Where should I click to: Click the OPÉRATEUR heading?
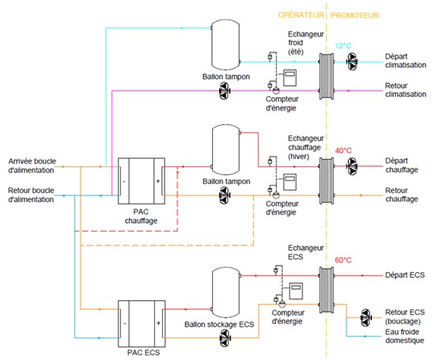[x=301, y=15]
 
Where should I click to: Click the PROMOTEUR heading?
[x=355, y=15]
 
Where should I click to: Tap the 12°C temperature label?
[x=343, y=46]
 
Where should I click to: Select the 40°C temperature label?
[x=343, y=151]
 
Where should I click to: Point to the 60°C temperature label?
[x=343, y=260]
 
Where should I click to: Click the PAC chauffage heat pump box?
[x=141, y=181]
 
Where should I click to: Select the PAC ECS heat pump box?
[x=142, y=324]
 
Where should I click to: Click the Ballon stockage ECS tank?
[x=226, y=292]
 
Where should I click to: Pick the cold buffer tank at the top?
[x=225, y=44]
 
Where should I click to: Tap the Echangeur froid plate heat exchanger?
[x=327, y=76]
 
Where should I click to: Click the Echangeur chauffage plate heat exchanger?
[x=327, y=181]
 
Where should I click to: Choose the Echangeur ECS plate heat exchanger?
[x=327, y=290]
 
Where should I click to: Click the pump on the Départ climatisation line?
[x=352, y=61]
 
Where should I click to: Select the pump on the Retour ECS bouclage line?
[x=366, y=317]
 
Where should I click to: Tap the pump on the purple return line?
[x=224, y=90]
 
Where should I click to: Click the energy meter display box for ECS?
[x=296, y=291]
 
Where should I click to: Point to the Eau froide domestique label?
[x=405, y=336]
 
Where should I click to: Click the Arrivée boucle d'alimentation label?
[x=31, y=165]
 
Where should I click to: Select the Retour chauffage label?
[x=402, y=195]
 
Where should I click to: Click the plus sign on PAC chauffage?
[x=158, y=181]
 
